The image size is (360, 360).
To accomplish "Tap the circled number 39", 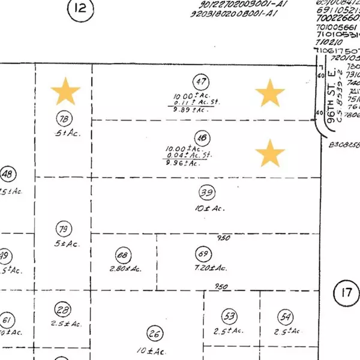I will (x=207, y=193).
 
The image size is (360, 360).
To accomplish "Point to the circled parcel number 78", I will (x=62, y=118).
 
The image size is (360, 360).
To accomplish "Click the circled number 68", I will (x=124, y=254).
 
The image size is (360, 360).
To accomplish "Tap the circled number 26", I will (x=155, y=334).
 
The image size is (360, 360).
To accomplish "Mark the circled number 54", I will (x=285, y=316).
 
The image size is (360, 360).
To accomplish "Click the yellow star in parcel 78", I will (x=65, y=92).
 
